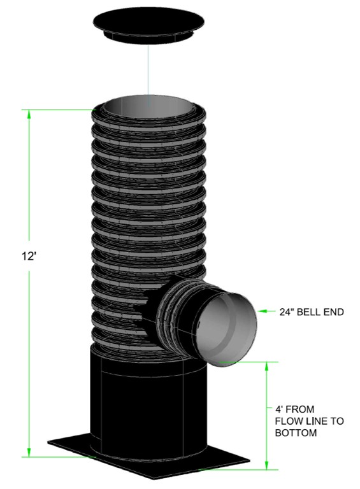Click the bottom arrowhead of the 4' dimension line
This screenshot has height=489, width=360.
(267, 464)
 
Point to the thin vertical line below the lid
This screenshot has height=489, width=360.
(147, 70)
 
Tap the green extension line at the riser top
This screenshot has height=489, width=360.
(61, 110)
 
